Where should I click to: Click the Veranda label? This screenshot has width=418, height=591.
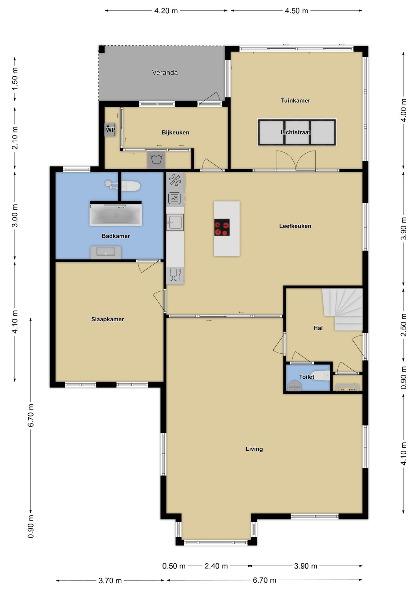(165, 73)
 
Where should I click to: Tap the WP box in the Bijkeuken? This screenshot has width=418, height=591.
(110, 130)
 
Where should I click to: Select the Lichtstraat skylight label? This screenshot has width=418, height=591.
(295, 132)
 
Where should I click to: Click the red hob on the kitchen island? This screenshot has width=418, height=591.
(222, 227)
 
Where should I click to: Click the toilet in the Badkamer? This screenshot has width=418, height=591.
(131, 186)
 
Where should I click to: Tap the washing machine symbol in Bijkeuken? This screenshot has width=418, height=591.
(156, 160)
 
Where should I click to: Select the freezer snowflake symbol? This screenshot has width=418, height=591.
(175, 180)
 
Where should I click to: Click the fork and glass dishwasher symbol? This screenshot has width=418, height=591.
(175, 275)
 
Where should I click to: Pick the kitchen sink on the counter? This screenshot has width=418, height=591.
(175, 222)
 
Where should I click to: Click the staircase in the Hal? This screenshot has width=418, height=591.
(343, 309)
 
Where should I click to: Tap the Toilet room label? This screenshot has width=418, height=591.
(307, 377)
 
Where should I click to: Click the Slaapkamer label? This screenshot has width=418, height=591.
(107, 320)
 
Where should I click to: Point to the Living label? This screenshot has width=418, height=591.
(254, 449)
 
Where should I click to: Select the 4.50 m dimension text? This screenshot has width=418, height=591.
(296, 11)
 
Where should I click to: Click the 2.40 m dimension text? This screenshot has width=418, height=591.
(216, 566)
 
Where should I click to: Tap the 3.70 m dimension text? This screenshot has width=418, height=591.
(110, 581)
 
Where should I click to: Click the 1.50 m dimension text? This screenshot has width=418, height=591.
(15, 78)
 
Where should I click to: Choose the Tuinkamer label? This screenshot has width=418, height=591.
(295, 101)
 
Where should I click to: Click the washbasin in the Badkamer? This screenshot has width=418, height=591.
(106, 252)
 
